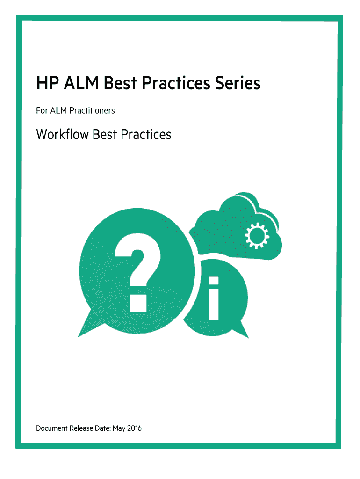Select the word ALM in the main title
point(81,83)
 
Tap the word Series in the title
point(238,83)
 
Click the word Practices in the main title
point(176,83)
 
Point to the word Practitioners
point(92,110)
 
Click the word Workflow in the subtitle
point(62,134)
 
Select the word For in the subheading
point(42,110)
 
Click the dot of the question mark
point(138,303)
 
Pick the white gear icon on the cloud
point(257,236)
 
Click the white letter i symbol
point(214,298)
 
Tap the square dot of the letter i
point(214,281)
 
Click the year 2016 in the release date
point(134,428)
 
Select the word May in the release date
point(119,428)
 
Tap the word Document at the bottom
point(51,428)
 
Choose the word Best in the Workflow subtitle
point(105,134)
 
